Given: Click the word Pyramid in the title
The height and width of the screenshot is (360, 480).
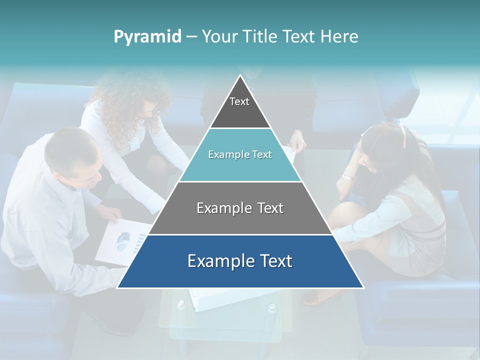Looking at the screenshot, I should pos(147,36).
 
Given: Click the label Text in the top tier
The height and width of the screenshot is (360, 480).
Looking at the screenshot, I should pos(239,101).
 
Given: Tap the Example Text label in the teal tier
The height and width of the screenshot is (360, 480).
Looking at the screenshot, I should pos(240,154).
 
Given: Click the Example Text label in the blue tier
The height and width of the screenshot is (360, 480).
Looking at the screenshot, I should pos(240,261).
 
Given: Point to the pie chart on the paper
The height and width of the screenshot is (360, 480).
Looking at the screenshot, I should pos(123,241).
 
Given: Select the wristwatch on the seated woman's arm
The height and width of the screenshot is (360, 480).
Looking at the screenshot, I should pos(346,176).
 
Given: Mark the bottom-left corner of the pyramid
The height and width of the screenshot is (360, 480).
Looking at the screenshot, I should pos(117,287).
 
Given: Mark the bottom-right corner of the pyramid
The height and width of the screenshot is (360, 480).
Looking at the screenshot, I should pos(363,287).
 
